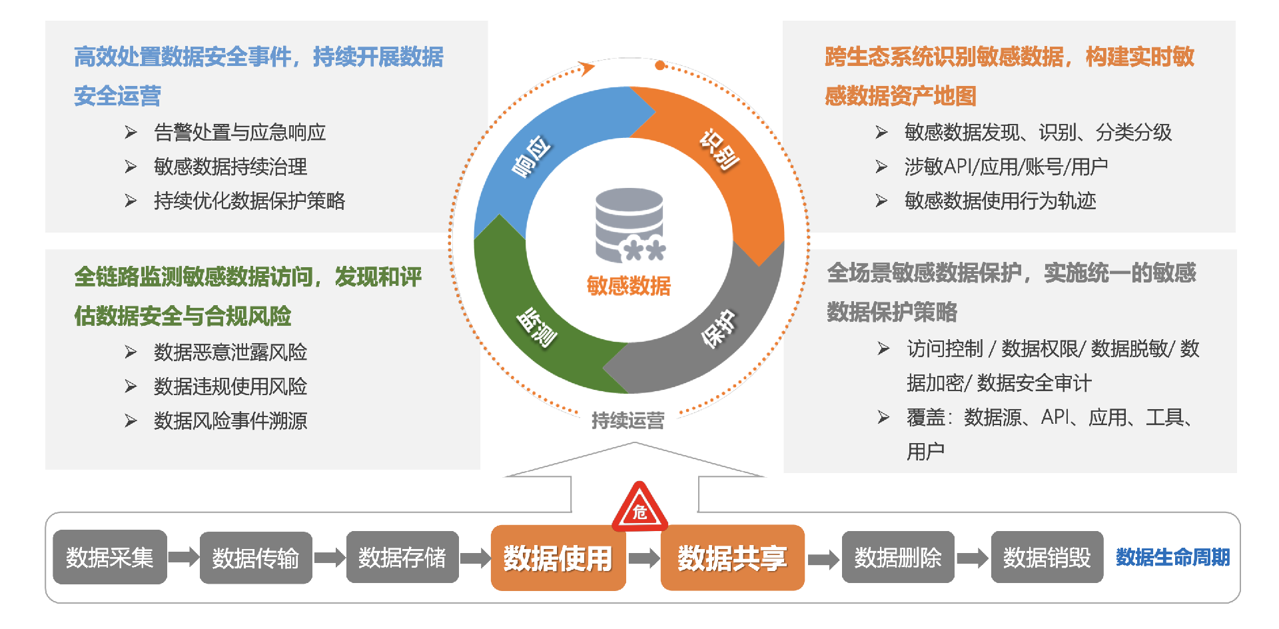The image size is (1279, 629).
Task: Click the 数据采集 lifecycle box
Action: pyautogui.click(x=110, y=557)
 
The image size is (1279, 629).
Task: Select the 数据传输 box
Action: pyautogui.click(x=256, y=558)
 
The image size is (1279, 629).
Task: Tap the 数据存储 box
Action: pyautogui.click(x=402, y=557)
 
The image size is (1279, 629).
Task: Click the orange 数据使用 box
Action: pyautogui.click(x=558, y=558)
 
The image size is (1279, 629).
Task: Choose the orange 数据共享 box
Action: pyautogui.click(x=732, y=558)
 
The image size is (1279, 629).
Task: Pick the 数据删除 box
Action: pyautogui.click(x=898, y=557)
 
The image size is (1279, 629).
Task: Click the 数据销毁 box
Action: pyautogui.click(x=1047, y=557)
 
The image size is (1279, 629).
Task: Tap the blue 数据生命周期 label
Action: pyautogui.click(x=1172, y=557)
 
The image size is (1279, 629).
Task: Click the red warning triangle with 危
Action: pyautogui.click(x=639, y=510)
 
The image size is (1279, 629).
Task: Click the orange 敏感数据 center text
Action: pyautogui.click(x=628, y=286)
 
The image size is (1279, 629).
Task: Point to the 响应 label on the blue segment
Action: pyautogui.click(x=531, y=157)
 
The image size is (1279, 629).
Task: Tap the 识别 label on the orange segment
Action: pyautogui.click(x=719, y=150)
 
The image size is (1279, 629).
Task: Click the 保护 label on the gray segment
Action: pyautogui.click(x=719, y=328)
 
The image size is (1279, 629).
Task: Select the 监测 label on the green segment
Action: pyautogui.click(x=537, y=327)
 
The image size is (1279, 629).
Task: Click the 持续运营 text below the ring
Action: pyautogui.click(x=628, y=420)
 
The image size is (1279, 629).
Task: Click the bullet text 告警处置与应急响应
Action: pyautogui.click(x=240, y=133)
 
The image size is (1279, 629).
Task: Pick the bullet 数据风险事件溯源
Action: pyautogui.click(x=230, y=420)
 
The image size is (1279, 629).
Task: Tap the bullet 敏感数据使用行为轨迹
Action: pyautogui.click(x=1000, y=201)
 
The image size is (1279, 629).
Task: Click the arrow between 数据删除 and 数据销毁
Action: pyautogui.click(x=973, y=558)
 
